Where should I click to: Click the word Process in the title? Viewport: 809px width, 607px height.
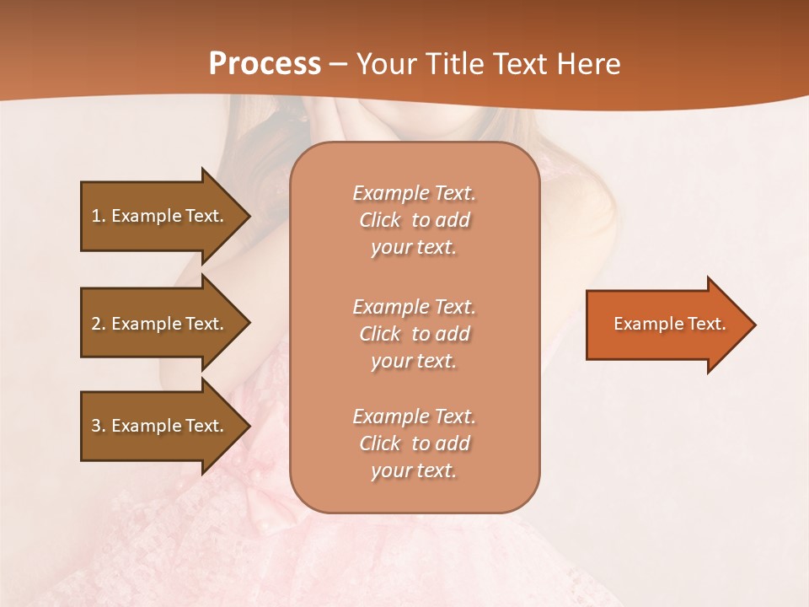click(x=265, y=64)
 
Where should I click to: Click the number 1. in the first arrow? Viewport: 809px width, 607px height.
click(x=99, y=216)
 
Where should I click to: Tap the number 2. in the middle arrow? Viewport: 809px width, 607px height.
click(x=99, y=324)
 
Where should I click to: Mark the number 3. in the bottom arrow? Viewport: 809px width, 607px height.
click(x=99, y=426)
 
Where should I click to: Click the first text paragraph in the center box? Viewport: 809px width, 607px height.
click(x=414, y=220)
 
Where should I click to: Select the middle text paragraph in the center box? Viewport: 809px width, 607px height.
click(x=414, y=333)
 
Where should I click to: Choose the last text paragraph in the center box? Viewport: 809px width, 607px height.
click(x=414, y=443)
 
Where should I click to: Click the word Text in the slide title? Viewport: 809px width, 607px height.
click(x=519, y=64)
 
